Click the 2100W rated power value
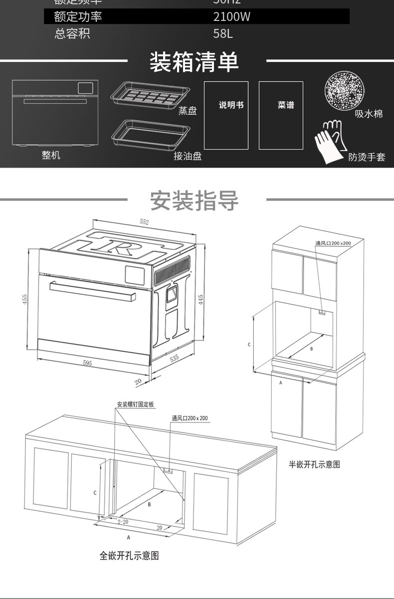click(x=231, y=17)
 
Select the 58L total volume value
click(x=223, y=34)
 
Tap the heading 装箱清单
click(x=195, y=62)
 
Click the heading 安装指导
click(x=195, y=200)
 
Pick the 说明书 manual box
click(x=226, y=115)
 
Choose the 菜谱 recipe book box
click(x=281, y=115)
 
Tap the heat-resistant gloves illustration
click(x=331, y=142)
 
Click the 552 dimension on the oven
click(x=144, y=222)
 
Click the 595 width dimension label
click(x=87, y=363)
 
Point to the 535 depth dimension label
click(x=174, y=359)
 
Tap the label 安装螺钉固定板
click(x=136, y=404)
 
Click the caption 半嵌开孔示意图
click(x=315, y=464)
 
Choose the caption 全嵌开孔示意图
click(x=129, y=555)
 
